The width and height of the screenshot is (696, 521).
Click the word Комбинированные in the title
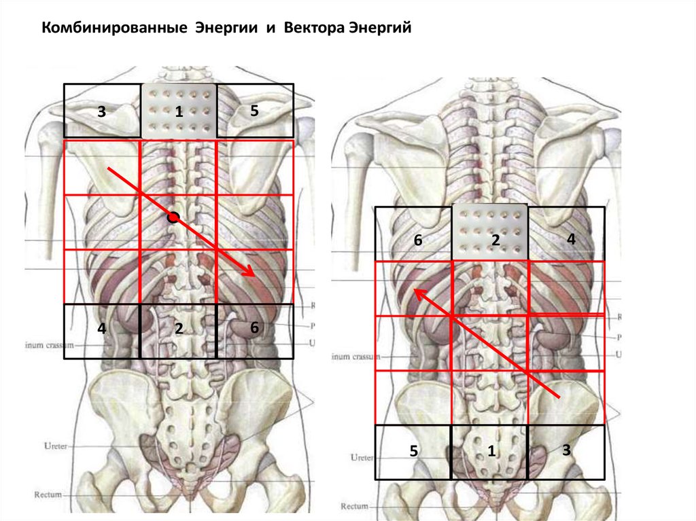(115, 29)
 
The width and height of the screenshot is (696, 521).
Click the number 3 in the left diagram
(101, 112)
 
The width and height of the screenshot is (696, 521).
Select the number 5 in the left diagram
(254, 111)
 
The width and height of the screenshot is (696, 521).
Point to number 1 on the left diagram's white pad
(179, 112)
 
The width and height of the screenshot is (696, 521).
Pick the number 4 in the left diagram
(101, 329)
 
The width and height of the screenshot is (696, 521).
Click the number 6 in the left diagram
(254, 327)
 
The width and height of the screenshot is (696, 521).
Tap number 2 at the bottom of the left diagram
(179, 329)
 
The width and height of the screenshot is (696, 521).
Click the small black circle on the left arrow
(173, 217)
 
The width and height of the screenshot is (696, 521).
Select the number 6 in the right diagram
(418, 240)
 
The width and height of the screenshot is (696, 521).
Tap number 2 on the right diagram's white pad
(495, 240)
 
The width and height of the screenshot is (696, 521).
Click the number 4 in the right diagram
(571, 238)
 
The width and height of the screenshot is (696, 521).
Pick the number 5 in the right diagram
(413, 450)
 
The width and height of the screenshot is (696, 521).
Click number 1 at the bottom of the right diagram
(491, 450)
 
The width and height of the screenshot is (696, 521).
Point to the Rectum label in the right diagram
(354, 506)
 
